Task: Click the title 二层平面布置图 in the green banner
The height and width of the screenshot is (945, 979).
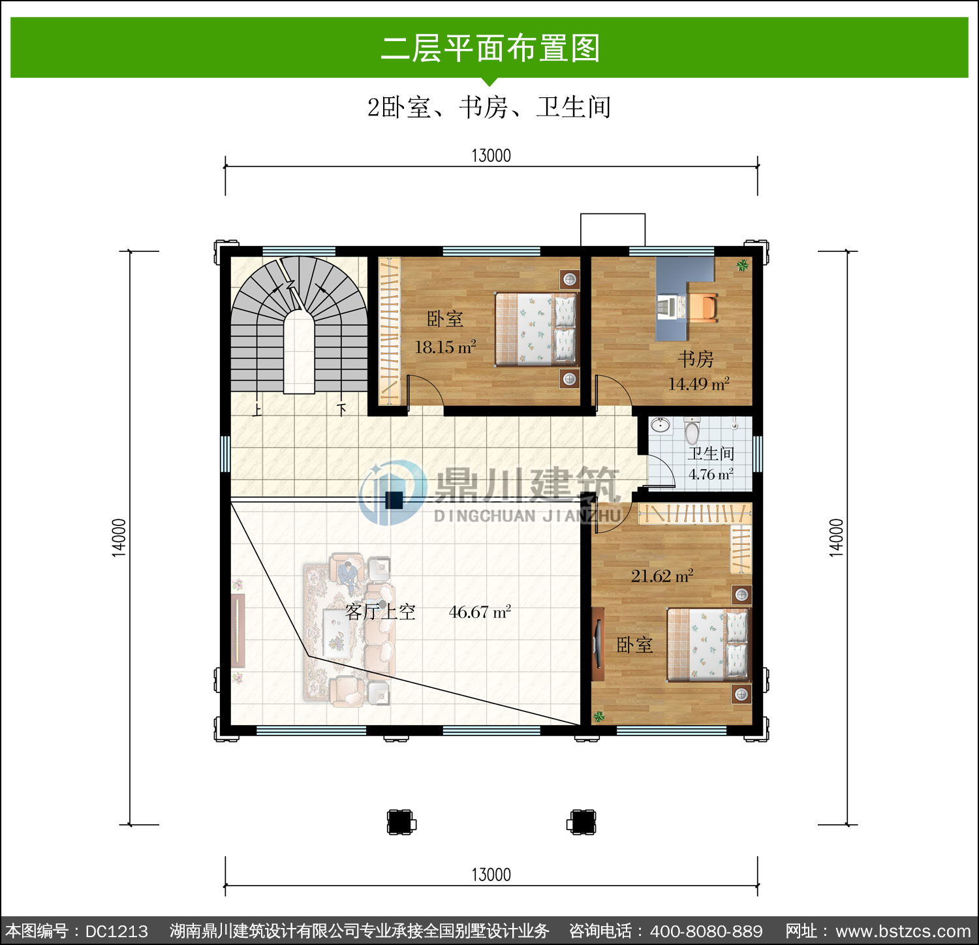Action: pos(490,48)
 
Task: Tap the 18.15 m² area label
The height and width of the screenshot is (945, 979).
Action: pos(446,347)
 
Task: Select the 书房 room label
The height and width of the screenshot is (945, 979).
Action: pos(696,359)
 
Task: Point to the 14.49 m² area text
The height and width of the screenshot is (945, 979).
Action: pos(698,384)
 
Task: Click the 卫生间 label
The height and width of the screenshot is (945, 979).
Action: pos(711,453)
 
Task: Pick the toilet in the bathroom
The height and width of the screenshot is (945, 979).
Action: pos(692,431)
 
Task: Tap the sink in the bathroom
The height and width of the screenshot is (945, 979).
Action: pos(660,426)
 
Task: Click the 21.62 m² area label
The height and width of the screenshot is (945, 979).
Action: pos(662,576)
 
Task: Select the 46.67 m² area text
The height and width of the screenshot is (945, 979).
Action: pos(480,612)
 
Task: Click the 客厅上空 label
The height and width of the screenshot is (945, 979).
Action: pos(381,612)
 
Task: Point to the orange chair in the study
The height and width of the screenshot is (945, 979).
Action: pos(704,307)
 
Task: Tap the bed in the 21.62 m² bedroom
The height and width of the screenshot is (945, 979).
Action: pos(708,645)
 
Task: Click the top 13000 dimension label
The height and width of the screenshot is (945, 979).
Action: pos(491,155)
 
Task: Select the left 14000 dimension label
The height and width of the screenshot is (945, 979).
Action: pos(119,538)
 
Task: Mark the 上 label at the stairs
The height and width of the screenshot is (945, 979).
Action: pos(257,409)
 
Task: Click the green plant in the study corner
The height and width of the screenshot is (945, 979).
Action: pos(742,265)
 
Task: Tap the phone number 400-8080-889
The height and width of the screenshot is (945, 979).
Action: pos(706,931)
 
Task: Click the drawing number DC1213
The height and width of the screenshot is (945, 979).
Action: pos(117,931)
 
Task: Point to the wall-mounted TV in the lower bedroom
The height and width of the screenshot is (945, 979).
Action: pos(597,644)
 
